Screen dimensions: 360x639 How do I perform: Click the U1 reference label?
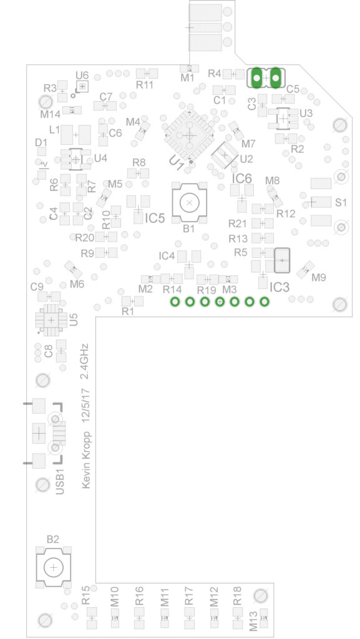point(176,163)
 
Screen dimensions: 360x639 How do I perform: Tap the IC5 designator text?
point(155,218)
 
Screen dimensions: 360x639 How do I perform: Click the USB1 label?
point(60,482)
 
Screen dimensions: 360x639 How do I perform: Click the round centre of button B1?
point(189,203)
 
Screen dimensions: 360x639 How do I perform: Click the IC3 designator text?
point(280,287)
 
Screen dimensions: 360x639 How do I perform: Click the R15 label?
point(85,596)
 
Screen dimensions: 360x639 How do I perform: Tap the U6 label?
point(82,75)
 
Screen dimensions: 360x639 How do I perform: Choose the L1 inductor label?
point(54,130)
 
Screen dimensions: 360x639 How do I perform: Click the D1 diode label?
point(41,142)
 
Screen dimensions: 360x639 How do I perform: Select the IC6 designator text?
point(242,178)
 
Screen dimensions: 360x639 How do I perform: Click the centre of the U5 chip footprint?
point(51,320)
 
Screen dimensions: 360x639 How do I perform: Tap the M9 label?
point(319,278)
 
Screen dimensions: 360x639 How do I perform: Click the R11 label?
point(145,85)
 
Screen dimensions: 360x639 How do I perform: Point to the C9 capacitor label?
point(37,286)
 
